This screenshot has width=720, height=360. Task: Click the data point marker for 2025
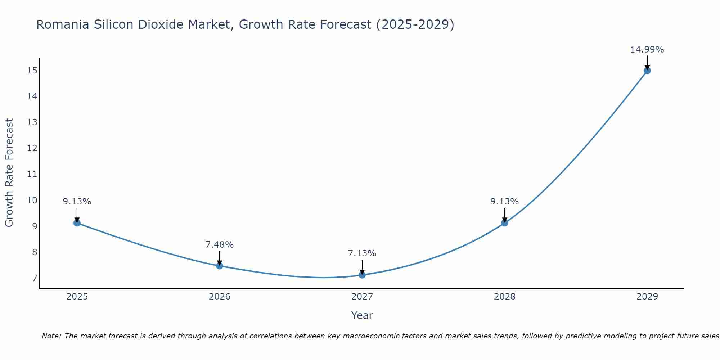tap(77, 223)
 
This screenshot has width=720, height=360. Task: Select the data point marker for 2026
tap(220, 266)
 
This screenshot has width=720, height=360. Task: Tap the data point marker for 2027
tap(362, 275)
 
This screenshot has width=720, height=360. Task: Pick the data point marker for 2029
tap(647, 71)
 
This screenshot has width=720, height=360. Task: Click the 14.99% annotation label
tap(647, 50)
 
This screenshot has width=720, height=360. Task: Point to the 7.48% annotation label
tap(220, 245)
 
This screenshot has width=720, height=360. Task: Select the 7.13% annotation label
tap(362, 253)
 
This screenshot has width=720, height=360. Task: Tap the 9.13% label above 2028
tap(505, 202)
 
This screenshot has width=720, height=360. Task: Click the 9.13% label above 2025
tap(77, 202)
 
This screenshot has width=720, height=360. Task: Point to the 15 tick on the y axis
tap(32, 70)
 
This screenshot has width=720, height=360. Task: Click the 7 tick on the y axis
tap(35, 278)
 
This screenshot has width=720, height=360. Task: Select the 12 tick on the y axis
tap(32, 148)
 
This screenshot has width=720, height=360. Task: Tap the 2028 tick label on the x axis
tap(505, 297)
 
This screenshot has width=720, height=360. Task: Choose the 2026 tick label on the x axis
tap(220, 297)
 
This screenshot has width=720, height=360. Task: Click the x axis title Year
tap(362, 315)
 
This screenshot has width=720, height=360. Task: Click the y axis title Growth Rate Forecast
tap(9, 173)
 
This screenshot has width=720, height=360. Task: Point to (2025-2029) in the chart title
tap(415, 24)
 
